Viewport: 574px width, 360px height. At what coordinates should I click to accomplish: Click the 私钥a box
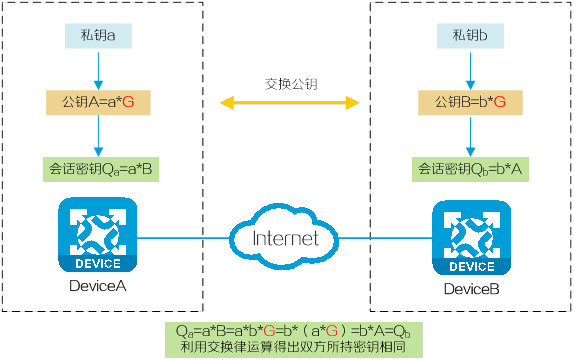[98, 36]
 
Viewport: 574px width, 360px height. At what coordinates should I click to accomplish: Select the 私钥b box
[470, 36]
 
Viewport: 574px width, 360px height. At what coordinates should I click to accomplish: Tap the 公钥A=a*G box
[98, 103]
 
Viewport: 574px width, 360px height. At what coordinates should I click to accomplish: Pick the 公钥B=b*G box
[470, 103]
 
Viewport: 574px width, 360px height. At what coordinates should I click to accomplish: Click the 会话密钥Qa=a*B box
[101, 169]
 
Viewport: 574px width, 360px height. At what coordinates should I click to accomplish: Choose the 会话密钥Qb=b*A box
[470, 169]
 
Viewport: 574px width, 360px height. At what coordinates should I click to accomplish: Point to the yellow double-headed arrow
[290, 103]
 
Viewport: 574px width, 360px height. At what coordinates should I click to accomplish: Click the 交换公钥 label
[291, 84]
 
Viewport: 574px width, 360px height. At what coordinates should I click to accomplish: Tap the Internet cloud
[284, 237]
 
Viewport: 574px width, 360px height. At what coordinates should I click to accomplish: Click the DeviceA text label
[98, 286]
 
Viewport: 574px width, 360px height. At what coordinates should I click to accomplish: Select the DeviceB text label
[472, 289]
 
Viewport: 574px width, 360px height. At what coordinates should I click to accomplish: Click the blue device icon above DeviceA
[98, 235]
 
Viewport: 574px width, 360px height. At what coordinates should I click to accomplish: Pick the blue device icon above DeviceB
[472, 238]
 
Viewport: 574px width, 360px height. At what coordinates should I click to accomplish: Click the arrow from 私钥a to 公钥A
[98, 71]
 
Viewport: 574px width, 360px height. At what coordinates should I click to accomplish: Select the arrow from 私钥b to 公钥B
[470, 71]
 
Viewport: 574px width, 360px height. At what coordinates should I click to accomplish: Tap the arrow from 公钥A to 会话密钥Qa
[98, 136]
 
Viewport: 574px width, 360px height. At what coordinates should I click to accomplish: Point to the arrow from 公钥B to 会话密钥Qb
[470, 136]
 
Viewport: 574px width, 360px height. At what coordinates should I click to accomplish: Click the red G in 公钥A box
[128, 102]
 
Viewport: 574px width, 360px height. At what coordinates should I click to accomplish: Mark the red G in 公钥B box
[500, 102]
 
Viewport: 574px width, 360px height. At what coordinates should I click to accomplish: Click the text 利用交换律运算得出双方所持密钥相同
[293, 347]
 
